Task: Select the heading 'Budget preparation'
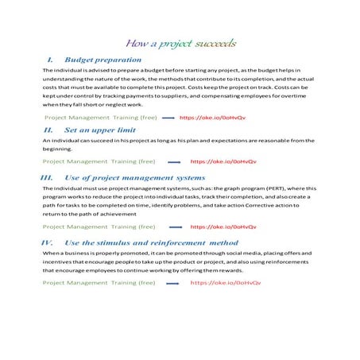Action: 103,60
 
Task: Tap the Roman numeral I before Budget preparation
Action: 52,60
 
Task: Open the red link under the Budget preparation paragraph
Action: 212,116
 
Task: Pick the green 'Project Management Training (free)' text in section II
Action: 99,161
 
